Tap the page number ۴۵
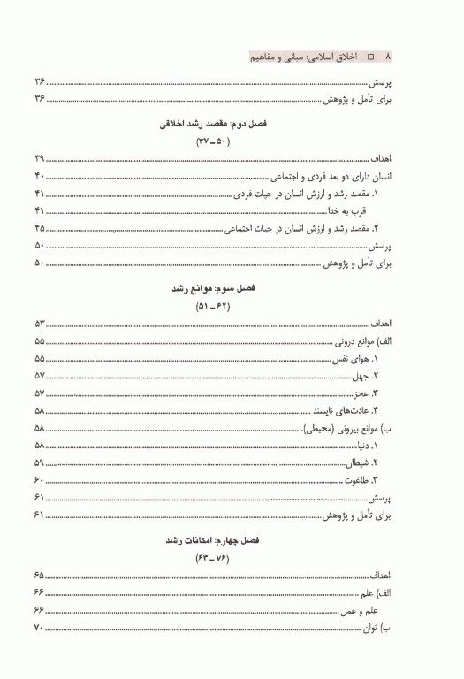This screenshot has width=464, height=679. [38, 228]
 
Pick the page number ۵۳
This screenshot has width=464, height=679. [38, 325]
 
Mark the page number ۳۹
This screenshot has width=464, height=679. [38, 158]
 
